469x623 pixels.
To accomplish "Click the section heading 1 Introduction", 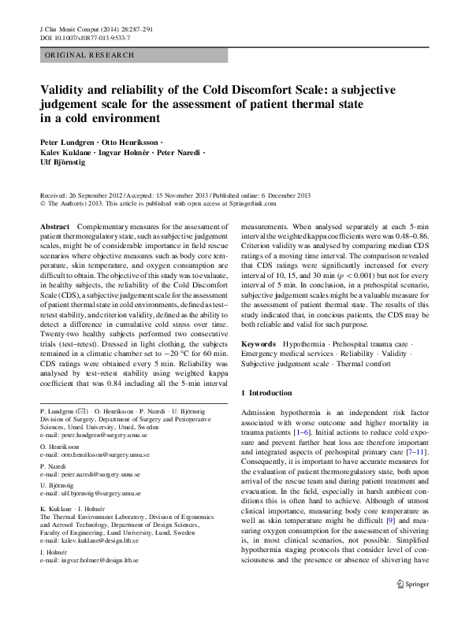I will click(270, 392).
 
